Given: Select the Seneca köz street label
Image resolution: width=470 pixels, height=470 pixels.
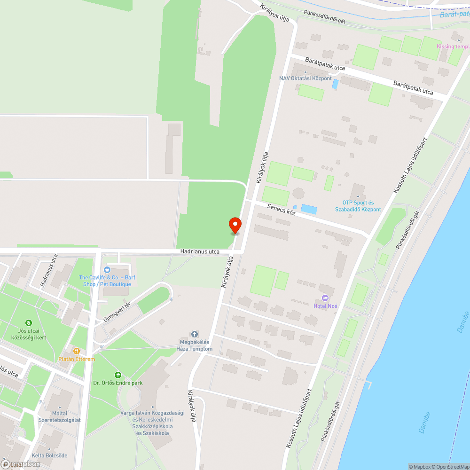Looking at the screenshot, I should [x=281, y=209].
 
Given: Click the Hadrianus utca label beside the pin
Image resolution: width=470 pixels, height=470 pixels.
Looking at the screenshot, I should [x=200, y=252].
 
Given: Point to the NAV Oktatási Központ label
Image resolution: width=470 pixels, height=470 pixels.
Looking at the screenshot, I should [x=305, y=78].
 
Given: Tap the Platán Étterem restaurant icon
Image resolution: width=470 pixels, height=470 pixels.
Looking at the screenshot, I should [x=76, y=351].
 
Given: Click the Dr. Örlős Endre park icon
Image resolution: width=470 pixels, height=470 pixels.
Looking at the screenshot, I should [x=117, y=375].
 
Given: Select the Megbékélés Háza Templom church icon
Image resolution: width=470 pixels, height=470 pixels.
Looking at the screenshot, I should [x=194, y=334].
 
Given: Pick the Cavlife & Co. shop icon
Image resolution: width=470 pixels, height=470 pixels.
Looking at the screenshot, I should [x=107, y=270].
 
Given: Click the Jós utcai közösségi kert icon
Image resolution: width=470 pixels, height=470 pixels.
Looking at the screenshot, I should [x=29, y=323].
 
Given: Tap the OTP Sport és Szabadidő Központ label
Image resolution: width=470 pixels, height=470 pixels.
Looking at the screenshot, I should [x=358, y=206].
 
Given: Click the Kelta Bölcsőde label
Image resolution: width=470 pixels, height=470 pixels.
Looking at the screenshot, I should [x=49, y=455].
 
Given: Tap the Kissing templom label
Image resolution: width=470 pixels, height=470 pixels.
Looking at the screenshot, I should [x=453, y=47].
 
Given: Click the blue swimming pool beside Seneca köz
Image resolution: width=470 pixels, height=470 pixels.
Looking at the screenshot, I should [x=309, y=208].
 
